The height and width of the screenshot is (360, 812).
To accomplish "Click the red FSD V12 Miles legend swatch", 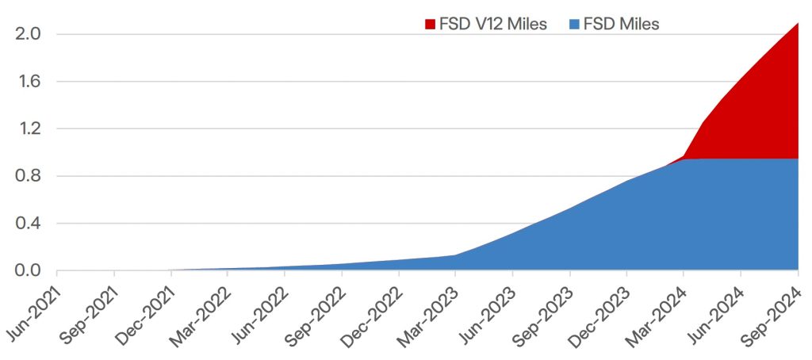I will click(x=431, y=24).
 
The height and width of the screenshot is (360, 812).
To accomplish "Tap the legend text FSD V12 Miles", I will click(x=492, y=24).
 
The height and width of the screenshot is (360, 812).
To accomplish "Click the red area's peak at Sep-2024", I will click(x=797, y=24).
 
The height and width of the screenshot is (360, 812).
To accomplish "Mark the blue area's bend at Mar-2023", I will click(x=456, y=255).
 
